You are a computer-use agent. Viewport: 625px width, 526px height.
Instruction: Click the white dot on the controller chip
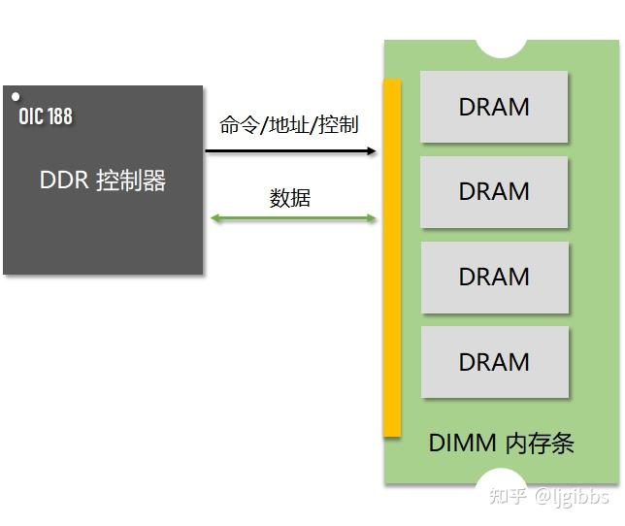(x=16, y=96)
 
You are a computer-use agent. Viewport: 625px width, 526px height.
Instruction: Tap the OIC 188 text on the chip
(x=46, y=116)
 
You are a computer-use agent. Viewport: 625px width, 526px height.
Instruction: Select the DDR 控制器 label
(x=103, y=181)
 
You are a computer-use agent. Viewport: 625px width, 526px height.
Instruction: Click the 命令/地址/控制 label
(x=289, y=125)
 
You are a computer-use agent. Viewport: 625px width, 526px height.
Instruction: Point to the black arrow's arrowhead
(x=372, y=151)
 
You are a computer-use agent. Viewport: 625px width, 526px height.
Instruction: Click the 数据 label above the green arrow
(x=290, y=198)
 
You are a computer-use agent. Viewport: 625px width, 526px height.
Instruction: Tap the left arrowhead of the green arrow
(x=215, y=218)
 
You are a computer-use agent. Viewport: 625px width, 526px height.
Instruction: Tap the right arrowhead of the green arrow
(x=371, y=218)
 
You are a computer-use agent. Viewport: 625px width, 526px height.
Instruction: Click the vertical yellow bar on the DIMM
(x=392, y=258)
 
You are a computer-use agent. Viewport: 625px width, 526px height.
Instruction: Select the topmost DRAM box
(x=494, y=107)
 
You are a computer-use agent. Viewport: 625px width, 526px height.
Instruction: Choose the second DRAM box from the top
(x=494, y=192)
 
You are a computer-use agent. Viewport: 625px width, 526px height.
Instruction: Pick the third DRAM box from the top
(x=495, y=278)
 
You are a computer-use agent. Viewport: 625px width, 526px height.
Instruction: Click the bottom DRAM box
(x=495, y=362)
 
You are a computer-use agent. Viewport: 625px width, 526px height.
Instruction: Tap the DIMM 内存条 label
(x=501, y=443)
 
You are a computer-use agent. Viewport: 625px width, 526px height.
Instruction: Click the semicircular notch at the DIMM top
(x=502, y=48)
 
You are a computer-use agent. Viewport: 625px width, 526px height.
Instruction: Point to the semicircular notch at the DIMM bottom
(x=501, y=477)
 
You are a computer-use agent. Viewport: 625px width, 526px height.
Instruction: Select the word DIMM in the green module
(x=462, y=443)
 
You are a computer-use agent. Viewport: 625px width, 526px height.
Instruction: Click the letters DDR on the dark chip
(x=64, y=180)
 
